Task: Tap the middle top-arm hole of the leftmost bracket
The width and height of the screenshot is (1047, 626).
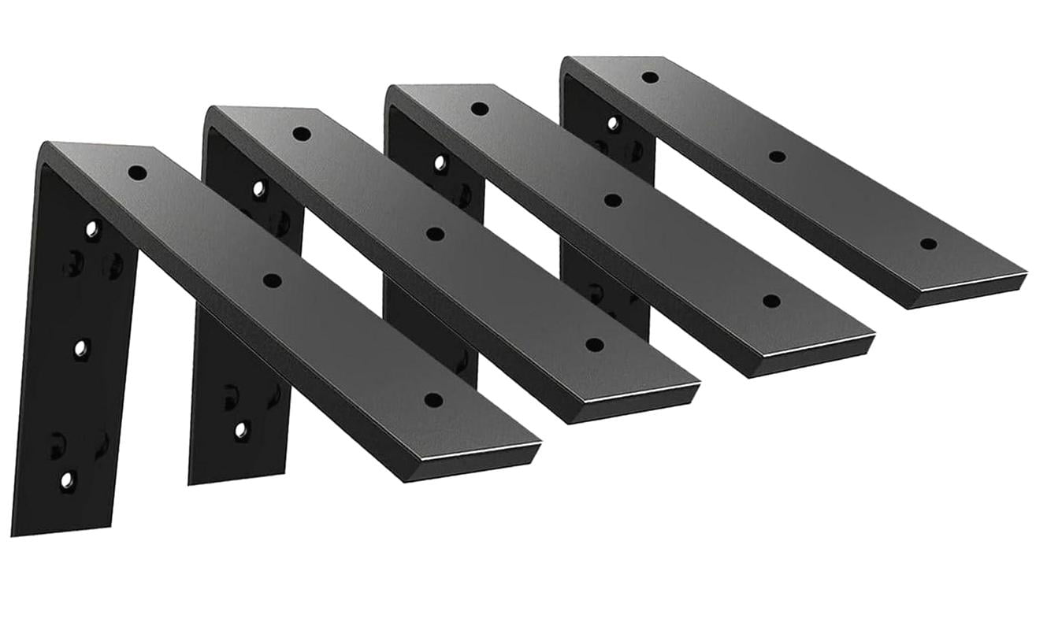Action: click(273, 280)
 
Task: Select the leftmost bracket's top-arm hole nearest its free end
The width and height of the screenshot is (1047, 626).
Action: click(433, 399)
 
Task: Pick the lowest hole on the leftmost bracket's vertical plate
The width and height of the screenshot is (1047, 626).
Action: click(69, 478)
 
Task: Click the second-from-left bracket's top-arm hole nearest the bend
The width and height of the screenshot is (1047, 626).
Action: click(300, 133)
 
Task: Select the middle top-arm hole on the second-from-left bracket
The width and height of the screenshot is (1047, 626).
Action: click(433, 233)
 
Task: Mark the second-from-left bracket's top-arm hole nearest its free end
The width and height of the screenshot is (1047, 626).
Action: click(595, 344)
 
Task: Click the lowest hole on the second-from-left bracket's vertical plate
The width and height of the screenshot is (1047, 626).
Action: click(241, 430)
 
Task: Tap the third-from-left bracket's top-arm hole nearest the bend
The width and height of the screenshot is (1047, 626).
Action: click(478, 108)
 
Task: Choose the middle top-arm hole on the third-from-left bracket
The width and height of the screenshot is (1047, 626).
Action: click(612, 200)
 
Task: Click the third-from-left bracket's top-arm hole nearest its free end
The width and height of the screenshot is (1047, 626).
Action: click(771, 301)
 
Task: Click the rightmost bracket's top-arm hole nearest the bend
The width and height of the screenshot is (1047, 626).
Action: click(650, 76)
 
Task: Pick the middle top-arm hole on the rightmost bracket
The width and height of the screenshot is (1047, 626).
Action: click(777, 156)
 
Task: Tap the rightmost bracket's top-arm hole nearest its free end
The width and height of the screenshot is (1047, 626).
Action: click(929, 243)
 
